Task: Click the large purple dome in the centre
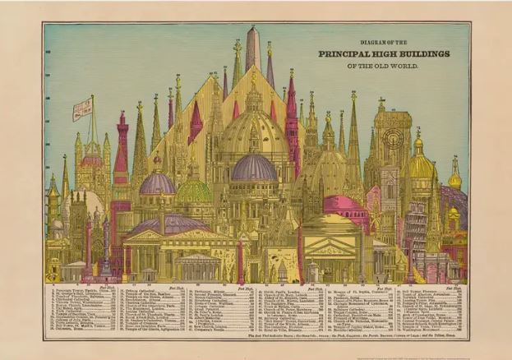point(254,168)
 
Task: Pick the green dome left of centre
point(194,191)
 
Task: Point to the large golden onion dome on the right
point(421,164)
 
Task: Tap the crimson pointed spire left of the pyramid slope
point(195,123)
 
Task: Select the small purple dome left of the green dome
point(157,182)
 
